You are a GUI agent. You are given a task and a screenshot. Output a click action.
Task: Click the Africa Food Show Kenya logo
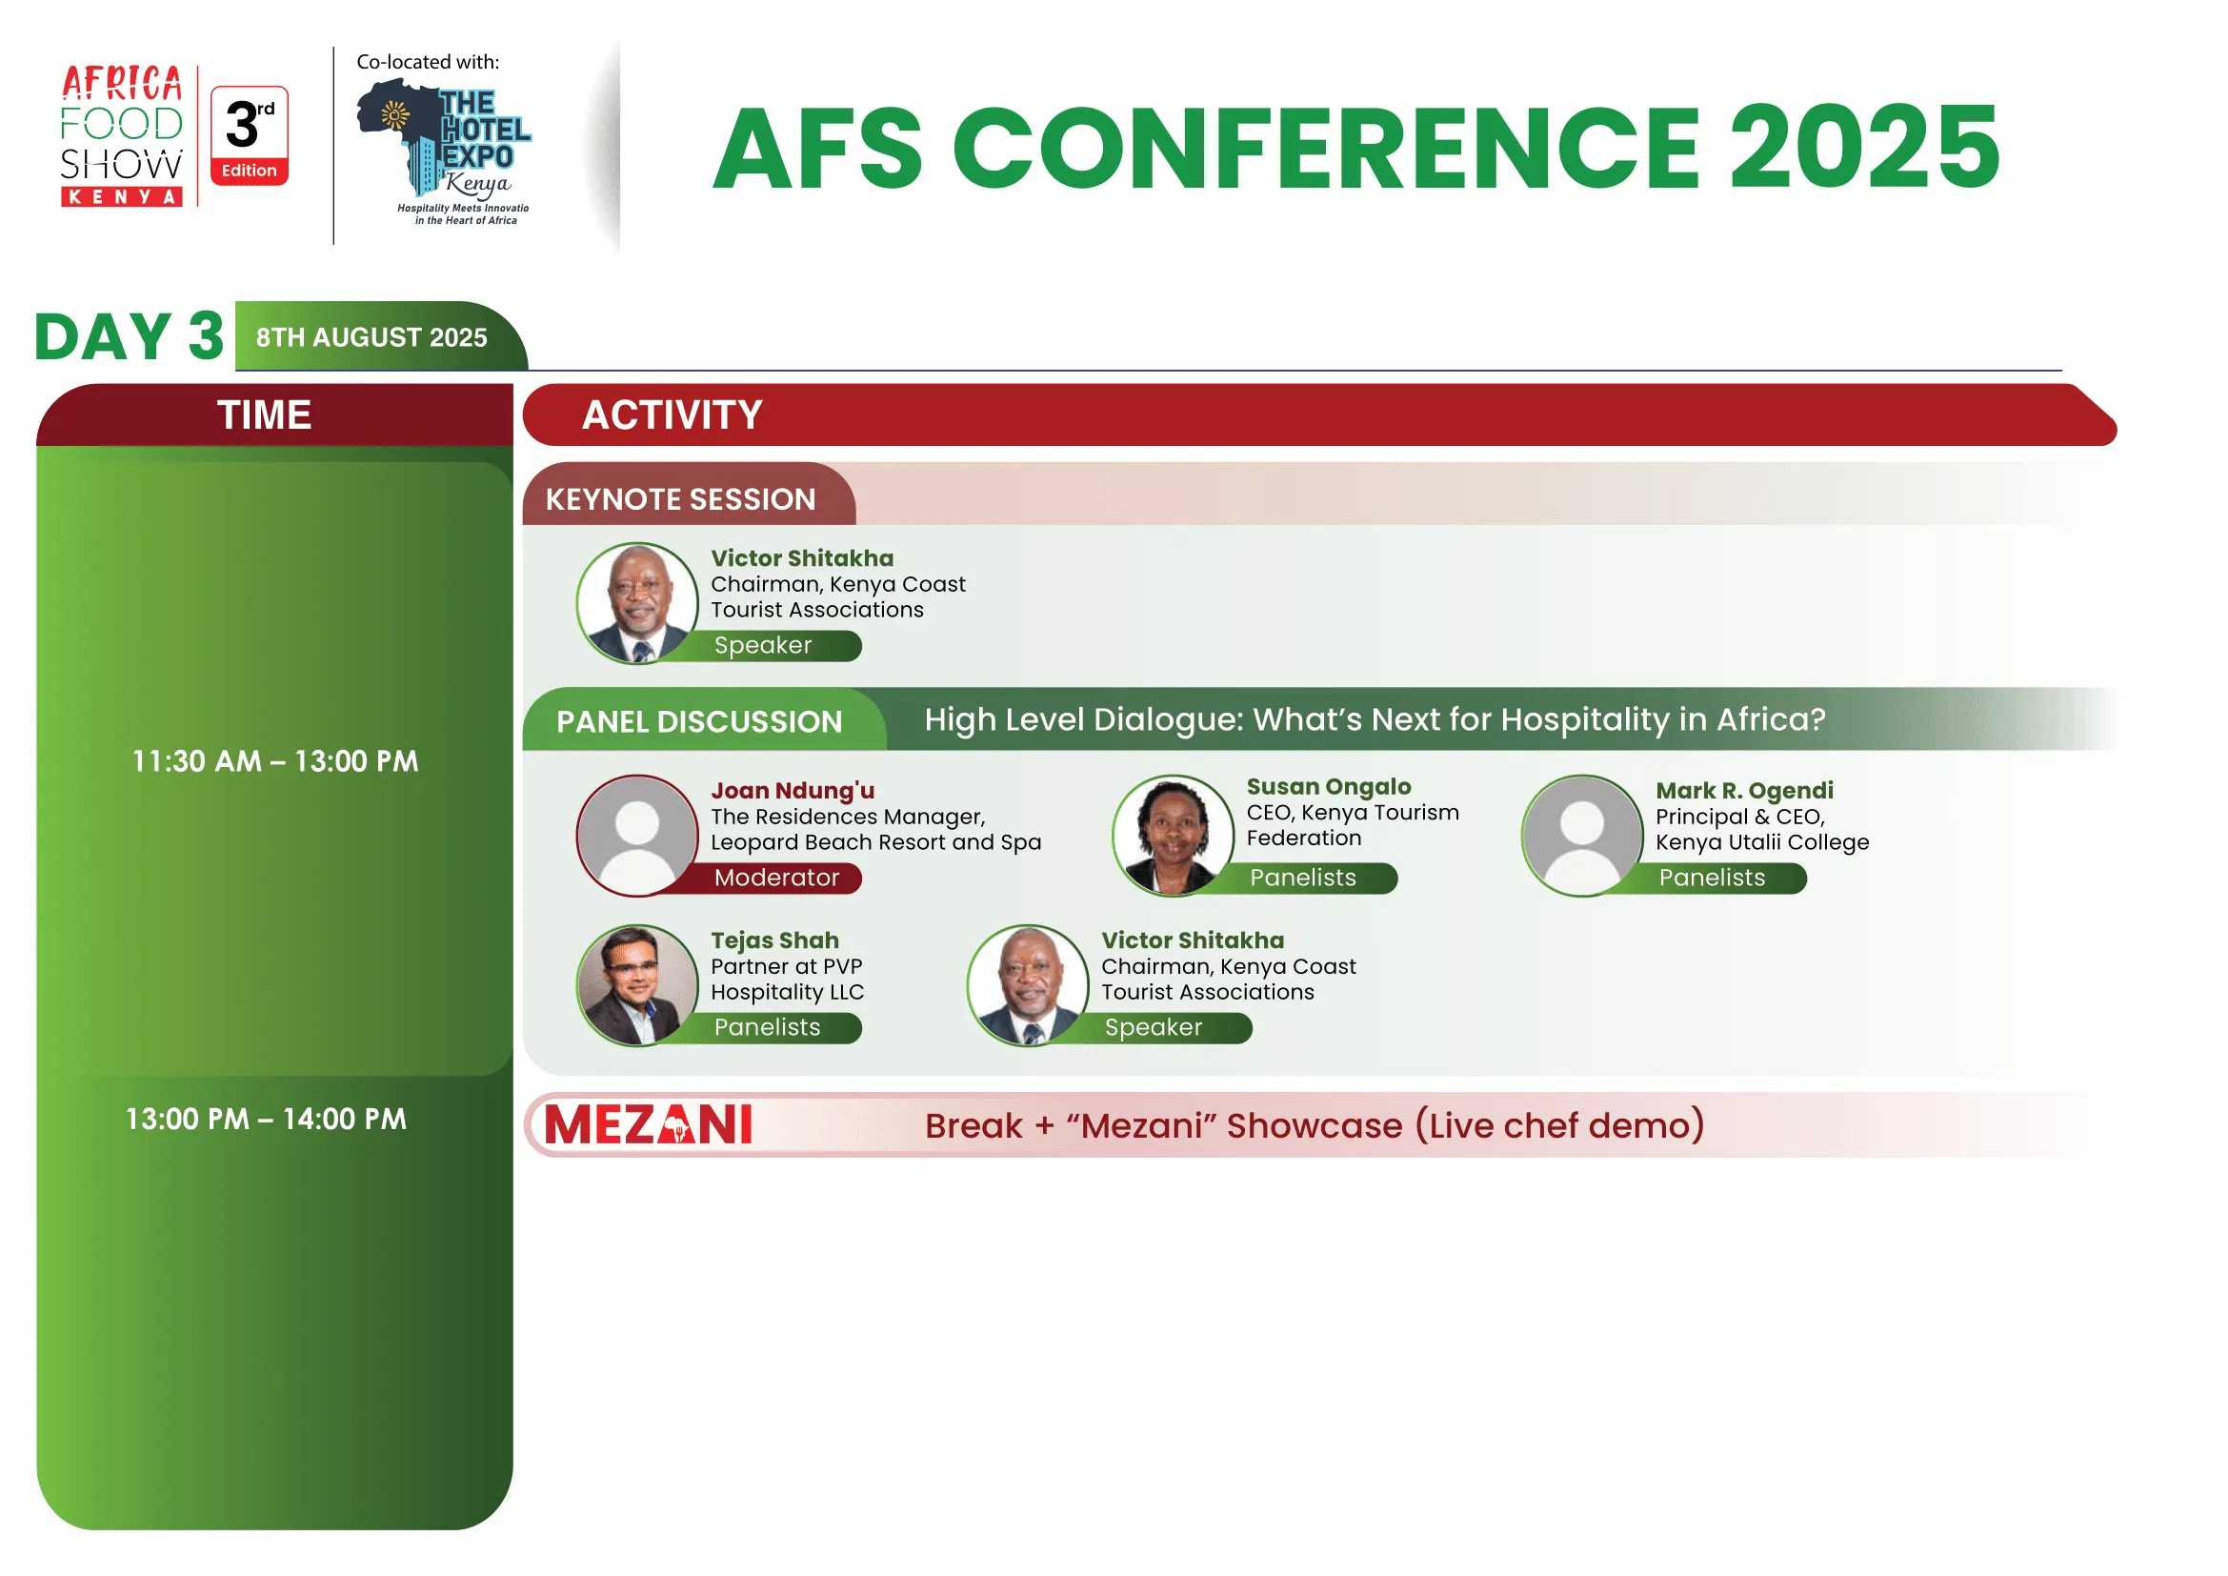pos(121,136)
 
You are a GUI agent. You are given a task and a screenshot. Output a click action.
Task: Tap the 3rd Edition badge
pos(250,136)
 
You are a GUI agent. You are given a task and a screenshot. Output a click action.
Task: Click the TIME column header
pos(264,415)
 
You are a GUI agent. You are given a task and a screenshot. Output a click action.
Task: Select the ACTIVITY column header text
pos(672,415)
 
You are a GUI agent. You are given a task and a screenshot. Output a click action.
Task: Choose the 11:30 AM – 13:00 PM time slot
pos(275,762)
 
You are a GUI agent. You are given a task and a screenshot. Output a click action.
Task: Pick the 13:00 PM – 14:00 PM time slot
pos(266,1120)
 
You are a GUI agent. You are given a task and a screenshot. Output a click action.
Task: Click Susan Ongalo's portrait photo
pos(1174,836)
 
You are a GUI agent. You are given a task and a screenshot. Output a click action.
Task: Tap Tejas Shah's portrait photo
pos(637,986)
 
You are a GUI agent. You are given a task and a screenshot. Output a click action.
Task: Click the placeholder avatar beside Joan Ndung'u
pos(637,836)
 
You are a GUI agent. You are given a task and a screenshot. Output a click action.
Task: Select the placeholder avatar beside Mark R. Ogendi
pos(1583,836)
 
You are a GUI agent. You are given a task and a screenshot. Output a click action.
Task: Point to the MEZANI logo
pos(649,1125)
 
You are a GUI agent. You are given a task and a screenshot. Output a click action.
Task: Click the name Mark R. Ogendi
pos(1745,791)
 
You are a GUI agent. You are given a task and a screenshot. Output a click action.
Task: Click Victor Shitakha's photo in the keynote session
pos(637,603)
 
